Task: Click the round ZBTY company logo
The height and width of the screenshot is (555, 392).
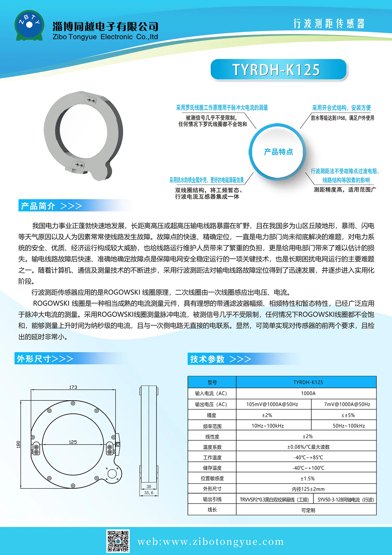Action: click(29, 25)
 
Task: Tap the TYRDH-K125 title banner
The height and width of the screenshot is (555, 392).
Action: click(278, 70)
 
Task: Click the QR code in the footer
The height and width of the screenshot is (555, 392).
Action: click(118, 541)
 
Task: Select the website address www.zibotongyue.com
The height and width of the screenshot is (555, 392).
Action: click(210, 542)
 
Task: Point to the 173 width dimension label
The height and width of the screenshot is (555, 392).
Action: click(73, 387)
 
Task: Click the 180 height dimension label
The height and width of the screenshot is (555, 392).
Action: click(18, 444)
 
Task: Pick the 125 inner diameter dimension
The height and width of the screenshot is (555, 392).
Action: click(73, 442)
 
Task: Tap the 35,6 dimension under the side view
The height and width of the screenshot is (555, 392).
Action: click(149, 493)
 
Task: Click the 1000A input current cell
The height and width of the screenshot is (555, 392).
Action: click(308, 393)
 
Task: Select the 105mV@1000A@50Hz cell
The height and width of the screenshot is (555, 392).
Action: click(272, 404)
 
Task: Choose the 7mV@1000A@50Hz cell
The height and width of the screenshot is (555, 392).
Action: click(347, 404)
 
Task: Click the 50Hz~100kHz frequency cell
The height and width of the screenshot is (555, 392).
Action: click(349, 426)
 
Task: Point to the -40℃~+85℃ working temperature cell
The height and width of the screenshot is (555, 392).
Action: click(308, 457)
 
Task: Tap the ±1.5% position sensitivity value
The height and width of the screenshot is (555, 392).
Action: click(308, 479)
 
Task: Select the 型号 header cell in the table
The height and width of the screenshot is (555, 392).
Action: click(212, 382)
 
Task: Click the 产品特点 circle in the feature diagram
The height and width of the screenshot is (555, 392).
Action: click(278, 152)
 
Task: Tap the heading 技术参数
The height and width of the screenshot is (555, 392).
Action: click(207, 359)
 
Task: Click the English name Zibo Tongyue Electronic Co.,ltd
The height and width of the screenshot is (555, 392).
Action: click(105, 37)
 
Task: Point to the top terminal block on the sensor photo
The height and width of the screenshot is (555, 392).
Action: click(91, 100)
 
